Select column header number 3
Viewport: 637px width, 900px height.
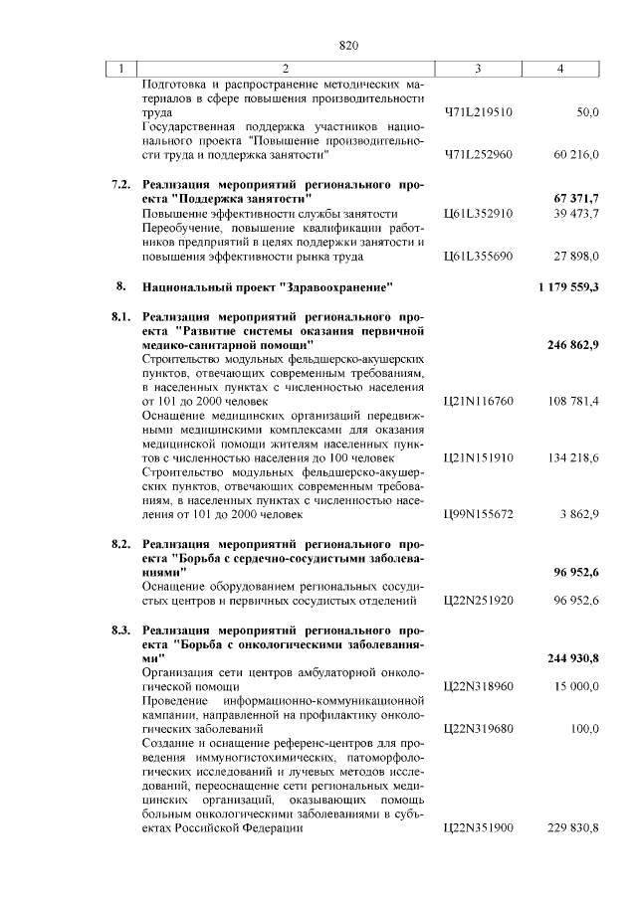click(478, 69)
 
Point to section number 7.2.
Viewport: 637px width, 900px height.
click(119, 185)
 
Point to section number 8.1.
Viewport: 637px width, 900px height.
click(119, 315)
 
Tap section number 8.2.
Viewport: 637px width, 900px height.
click(119, 544)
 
